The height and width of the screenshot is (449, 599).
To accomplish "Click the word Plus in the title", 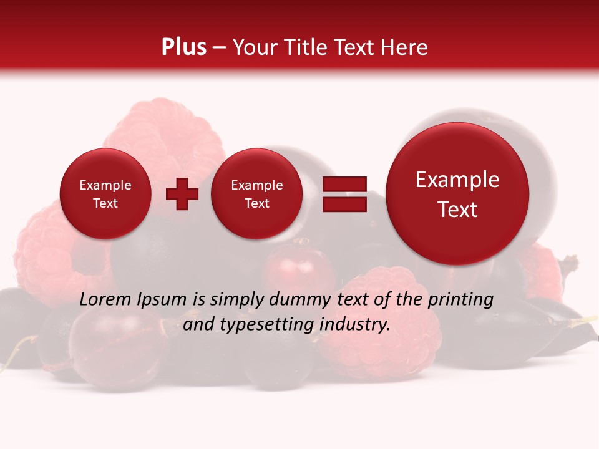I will point(183,47).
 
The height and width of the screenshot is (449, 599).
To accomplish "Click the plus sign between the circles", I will point(182,194).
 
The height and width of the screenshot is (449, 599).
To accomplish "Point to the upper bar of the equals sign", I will point(344,184).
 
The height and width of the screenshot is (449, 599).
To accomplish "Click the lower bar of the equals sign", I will point(344,204).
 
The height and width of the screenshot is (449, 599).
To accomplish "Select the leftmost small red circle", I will point(105,194).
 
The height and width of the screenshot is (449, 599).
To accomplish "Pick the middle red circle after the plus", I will point(256,194).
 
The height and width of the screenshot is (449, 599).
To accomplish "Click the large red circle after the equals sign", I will point(457,194).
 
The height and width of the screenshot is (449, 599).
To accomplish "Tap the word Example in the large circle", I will point(457,180).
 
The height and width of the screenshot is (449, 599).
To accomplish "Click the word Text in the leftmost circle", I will point(105,203).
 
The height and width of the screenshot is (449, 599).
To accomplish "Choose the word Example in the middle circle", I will point(256,185).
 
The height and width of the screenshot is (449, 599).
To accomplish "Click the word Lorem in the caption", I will point(102,300).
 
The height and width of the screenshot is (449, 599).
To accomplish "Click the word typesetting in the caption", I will point(270,325).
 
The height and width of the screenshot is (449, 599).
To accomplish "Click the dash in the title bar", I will point(219,47).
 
